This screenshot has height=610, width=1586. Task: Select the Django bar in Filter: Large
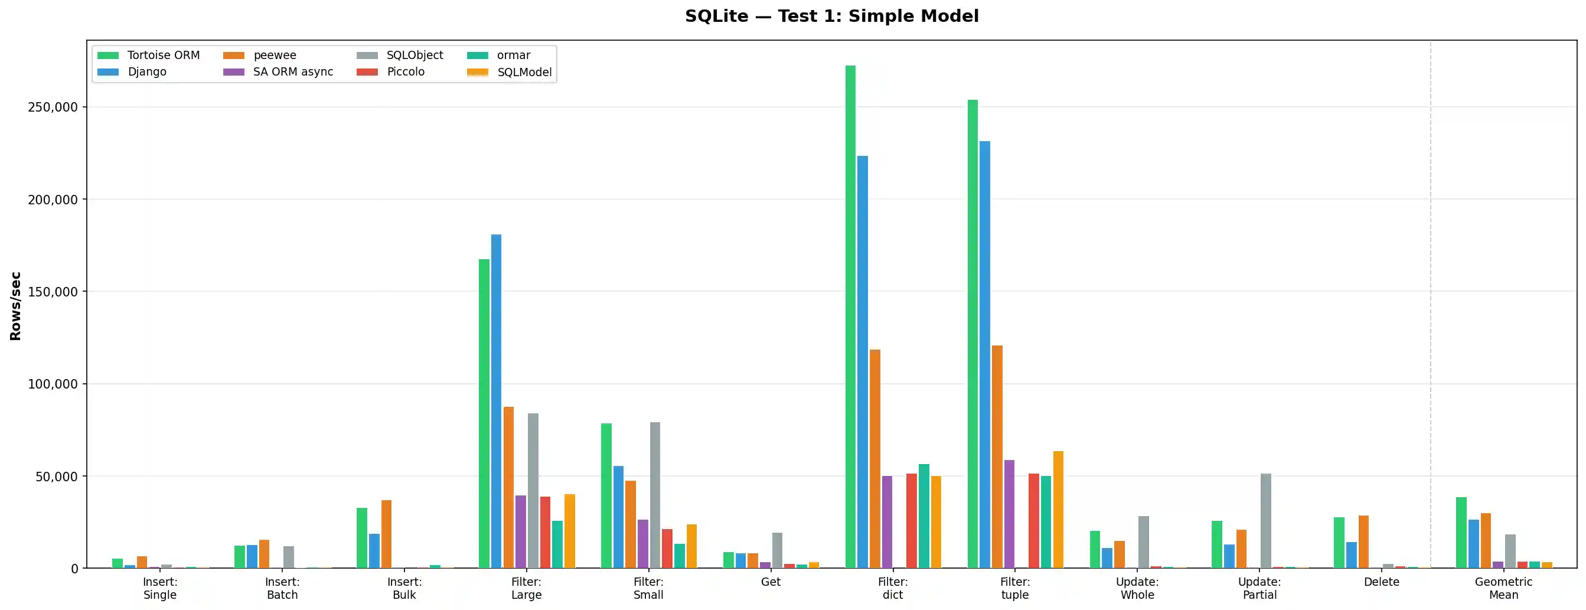(x=496, y=401)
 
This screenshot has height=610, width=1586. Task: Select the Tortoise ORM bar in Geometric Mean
(x=1461, y=533)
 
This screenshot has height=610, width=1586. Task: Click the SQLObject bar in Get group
(x=777, y=550)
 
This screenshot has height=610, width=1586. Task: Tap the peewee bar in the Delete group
(x=1364, y=542)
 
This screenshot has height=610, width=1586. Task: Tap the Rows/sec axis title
(x=15, y=306)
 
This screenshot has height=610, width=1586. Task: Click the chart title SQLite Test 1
(x=831, y=16)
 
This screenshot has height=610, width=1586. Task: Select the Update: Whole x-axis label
(x=1137, y=588)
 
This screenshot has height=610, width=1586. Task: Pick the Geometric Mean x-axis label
(x=1503, y=588)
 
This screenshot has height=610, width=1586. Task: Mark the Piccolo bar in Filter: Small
(x=667, y=549)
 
